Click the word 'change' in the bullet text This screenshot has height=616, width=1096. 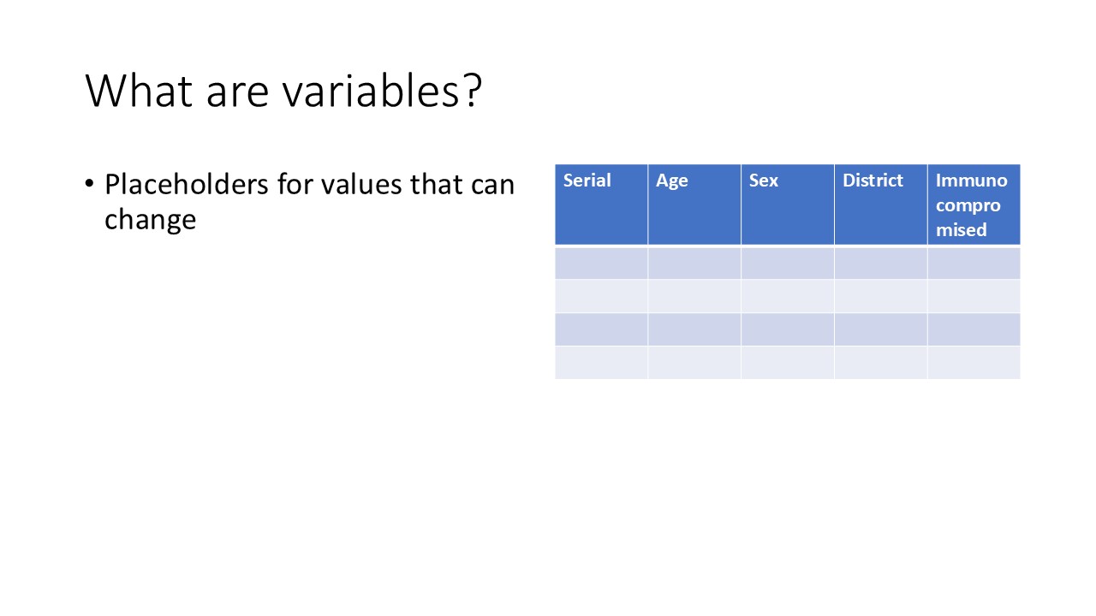150,220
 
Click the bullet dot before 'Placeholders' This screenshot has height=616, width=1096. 90,185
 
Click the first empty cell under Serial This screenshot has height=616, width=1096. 601,264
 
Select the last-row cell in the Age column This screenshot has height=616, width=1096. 694,362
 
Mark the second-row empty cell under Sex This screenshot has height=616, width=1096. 787,296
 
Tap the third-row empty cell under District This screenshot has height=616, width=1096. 880,329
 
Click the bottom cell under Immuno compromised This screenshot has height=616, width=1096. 974,362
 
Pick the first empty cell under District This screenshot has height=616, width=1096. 880,264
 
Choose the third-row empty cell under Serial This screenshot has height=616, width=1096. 601,329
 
